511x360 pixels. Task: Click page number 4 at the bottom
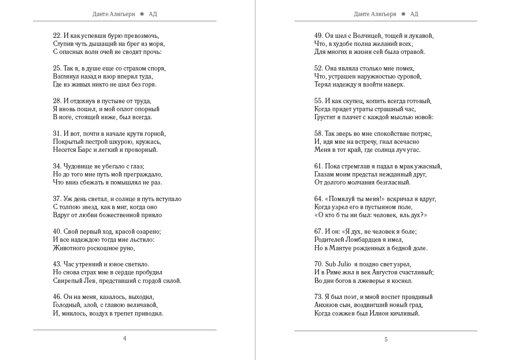pos(125,338)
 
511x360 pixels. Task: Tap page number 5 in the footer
pos(386,339)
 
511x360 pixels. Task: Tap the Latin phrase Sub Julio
pos(338,264)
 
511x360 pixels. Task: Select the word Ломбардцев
pos(366,240)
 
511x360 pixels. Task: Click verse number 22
pos(57,35)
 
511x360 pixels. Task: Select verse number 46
pos(57,297)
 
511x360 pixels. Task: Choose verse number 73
pos(319,297)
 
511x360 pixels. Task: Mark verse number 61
pos(319,166)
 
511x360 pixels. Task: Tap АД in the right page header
pos(414,14)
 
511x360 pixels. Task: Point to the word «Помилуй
pos(342,199)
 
